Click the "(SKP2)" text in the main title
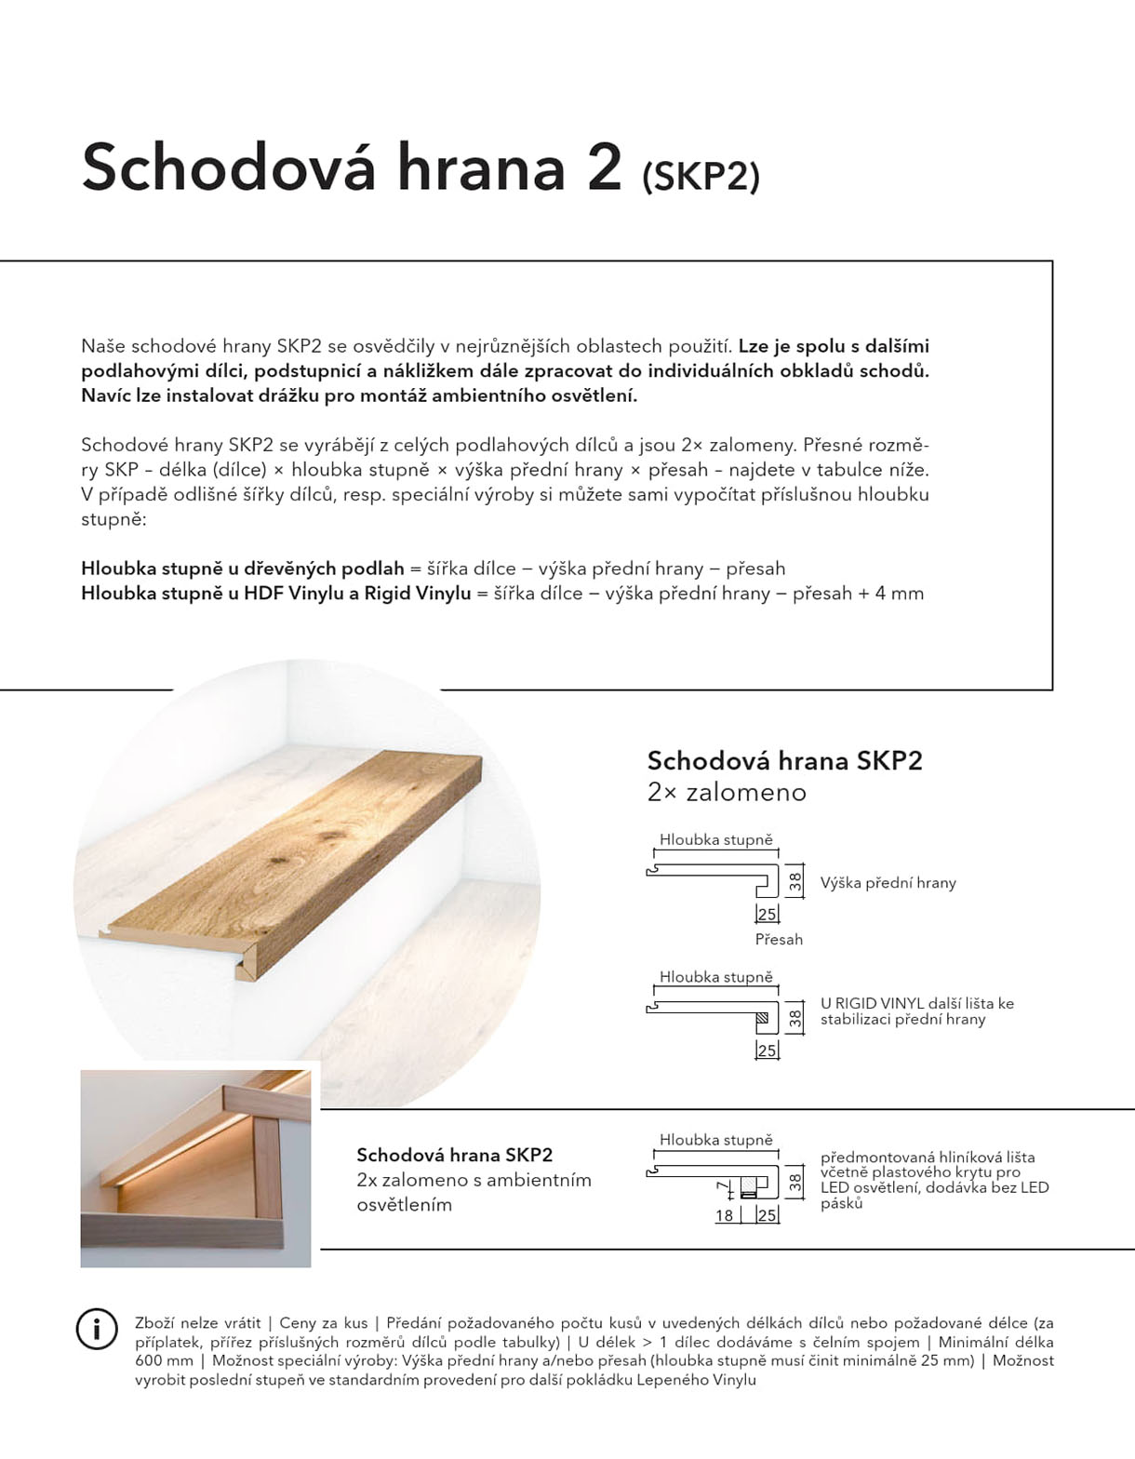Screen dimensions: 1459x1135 tap(701, 176)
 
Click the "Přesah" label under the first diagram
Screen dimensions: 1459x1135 tap(779, 940)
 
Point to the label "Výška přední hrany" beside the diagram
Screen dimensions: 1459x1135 tap(888, 883)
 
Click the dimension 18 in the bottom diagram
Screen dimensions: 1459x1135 tap(724, 1215)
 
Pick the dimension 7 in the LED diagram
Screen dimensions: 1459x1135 tap(720, 1187)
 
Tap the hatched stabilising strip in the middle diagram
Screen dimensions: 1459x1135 tap(763, 1017)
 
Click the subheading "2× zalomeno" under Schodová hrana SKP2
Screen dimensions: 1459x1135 tap(727, 793)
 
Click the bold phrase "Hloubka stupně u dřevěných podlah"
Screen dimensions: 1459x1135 tap(242, 569)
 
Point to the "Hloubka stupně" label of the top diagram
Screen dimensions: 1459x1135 tap(715, 840)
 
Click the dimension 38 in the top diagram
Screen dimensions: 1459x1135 tap(795, 882)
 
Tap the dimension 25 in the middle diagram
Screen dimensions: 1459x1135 tap(767, 1051)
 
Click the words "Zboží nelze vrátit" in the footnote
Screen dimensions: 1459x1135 tap(197, 1322)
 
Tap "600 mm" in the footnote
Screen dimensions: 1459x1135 tap(164, 1361)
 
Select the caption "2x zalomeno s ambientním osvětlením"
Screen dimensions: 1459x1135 tap(474, 1192)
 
